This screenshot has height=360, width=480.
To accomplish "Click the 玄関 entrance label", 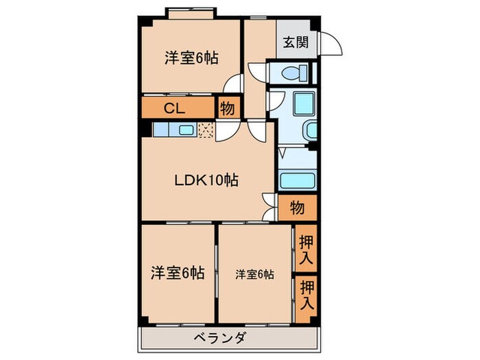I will pyautogui.click(x=296, y=42).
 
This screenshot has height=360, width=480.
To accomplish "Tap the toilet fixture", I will pyautogui.click(x=291, y=72).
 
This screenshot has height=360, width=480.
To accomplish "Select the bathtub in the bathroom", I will pyautogui.click(x=297, y=182).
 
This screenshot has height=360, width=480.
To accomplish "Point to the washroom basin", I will pyautogui.click(x=309, y=130).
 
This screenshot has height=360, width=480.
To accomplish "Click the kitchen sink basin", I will pyautogui.click(x=186, y=129).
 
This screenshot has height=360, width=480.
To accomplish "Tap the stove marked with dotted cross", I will pyautogui.click(x=206, y=129).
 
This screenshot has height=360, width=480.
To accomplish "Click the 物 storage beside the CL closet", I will pyautogui.click(x=226, y=108).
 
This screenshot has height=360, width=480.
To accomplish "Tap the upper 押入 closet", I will pyautogui.click(x=306, y=250).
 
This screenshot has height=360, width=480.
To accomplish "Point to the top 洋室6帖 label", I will pyautogui.click(x=191, y=58).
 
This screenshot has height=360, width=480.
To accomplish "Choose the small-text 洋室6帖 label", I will pyautogui.click(x=255, y=274).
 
